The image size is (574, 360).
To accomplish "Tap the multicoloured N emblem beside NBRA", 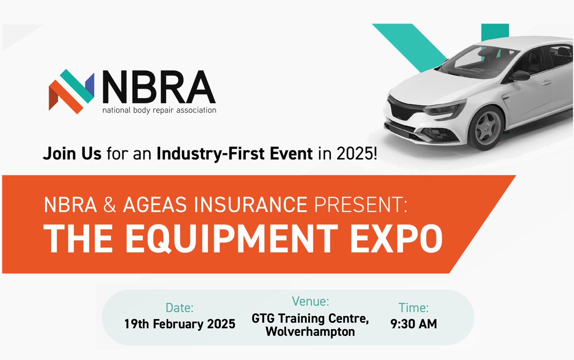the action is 71,91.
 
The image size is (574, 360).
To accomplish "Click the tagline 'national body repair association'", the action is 159,110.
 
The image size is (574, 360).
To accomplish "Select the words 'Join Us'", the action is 72,154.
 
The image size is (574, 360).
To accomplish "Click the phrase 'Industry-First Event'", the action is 234,154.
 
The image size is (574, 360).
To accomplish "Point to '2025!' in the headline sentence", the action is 357,154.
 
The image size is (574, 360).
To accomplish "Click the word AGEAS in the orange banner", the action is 155,204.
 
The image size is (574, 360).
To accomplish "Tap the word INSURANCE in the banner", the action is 250,204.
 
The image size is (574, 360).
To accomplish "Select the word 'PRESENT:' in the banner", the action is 361,204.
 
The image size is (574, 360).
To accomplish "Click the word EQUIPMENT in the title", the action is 231,239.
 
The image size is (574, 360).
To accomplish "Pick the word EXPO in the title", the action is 396,239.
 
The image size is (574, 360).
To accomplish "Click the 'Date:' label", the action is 179,308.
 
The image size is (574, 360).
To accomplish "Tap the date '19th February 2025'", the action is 180,324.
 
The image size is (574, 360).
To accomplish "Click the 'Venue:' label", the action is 310,301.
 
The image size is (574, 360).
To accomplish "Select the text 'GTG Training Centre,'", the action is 310,319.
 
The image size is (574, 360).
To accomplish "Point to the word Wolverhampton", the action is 310,332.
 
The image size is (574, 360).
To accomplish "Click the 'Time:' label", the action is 414,308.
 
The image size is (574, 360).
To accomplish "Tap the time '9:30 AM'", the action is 414,324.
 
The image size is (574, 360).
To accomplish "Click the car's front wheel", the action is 486,128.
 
